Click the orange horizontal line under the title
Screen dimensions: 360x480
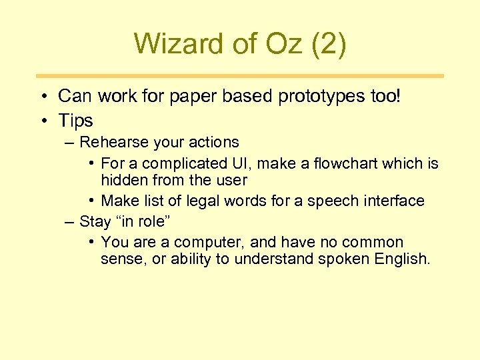point(239,76)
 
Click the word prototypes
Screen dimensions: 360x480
point(317,97)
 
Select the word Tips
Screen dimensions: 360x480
point(75,121)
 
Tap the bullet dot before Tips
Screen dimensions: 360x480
point(42,121)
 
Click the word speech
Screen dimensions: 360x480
point(336,201)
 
